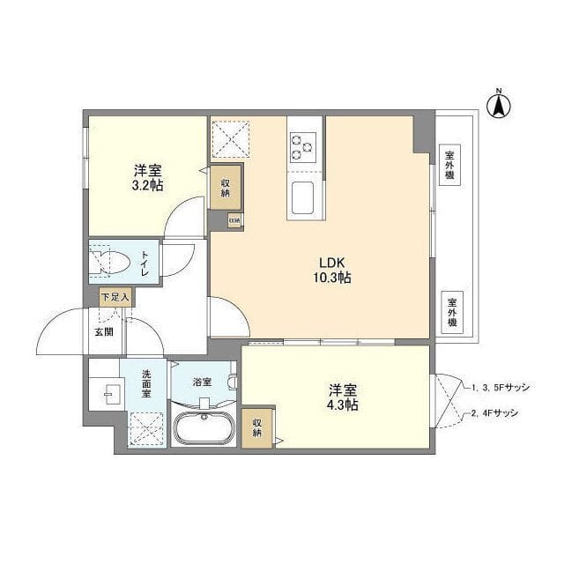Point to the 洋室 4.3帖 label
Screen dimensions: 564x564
344,397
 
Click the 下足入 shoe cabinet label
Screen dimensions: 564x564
115,298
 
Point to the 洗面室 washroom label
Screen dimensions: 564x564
147,383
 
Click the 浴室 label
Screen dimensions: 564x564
203,382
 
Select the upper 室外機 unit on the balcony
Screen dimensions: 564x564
450,163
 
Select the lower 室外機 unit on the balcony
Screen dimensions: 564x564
450,311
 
